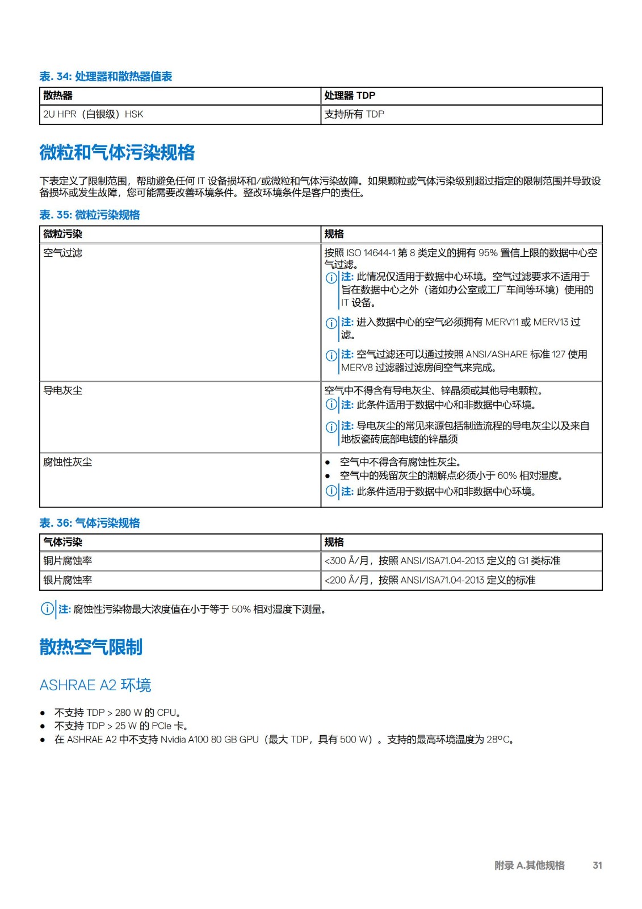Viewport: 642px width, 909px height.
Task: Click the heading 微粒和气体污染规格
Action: click(117, 152)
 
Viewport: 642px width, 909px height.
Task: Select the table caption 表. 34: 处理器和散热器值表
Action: click(106, 77)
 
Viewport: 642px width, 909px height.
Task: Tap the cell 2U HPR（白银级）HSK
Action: click(93, 114)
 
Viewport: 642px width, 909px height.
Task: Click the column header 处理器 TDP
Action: click(350, 95)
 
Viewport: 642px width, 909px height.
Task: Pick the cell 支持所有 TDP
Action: click(354, 114)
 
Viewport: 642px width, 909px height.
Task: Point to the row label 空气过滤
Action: click(63, 253)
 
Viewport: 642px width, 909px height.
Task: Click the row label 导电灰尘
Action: click(63, 390)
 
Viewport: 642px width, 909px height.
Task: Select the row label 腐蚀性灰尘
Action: click(68, 462)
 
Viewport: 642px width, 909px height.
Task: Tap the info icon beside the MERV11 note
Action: click(332, 323)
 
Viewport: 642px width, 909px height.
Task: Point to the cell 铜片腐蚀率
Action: click(68, 561)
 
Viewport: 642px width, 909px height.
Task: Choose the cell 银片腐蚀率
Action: click(68, 580)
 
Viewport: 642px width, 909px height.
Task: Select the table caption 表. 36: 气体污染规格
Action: click(90, 523)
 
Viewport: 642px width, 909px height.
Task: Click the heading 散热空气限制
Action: click(91, 647)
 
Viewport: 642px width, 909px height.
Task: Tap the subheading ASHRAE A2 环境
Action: click(95, 685)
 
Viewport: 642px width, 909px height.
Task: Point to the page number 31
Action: click(597, 865)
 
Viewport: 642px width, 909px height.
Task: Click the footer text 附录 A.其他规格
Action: click(529, 865)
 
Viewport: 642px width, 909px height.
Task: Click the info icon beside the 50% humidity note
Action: click(47, 609)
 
